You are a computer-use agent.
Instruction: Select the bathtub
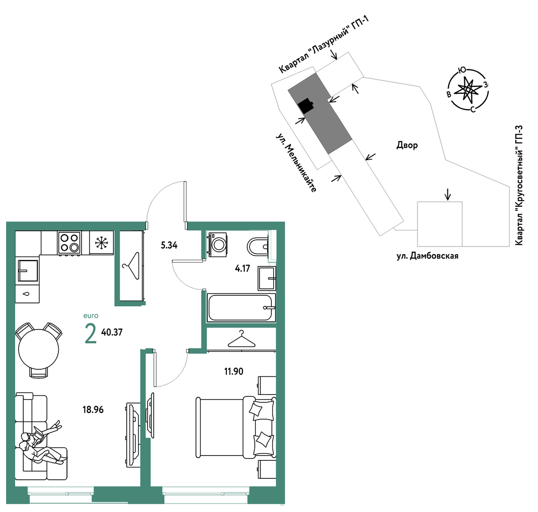(241, 308)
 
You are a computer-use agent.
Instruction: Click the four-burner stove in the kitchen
(70, 243)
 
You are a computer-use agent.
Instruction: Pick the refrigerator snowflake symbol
(101, 242)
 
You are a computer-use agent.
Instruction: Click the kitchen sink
(28, 271)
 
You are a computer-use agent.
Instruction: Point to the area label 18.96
(93, 410)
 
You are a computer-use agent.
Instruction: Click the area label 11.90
(234, 371)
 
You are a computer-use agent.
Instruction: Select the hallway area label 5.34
(169, 245)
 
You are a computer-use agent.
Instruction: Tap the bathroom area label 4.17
(242, 268)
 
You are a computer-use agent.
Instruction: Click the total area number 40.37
(112, 332)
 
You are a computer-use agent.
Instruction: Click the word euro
(91, 316)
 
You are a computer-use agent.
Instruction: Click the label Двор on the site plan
(407, 146)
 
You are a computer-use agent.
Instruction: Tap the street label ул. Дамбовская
(427, 256)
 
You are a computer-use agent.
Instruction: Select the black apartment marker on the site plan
(306, 106)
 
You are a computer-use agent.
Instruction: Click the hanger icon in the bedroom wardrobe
(241, 339)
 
